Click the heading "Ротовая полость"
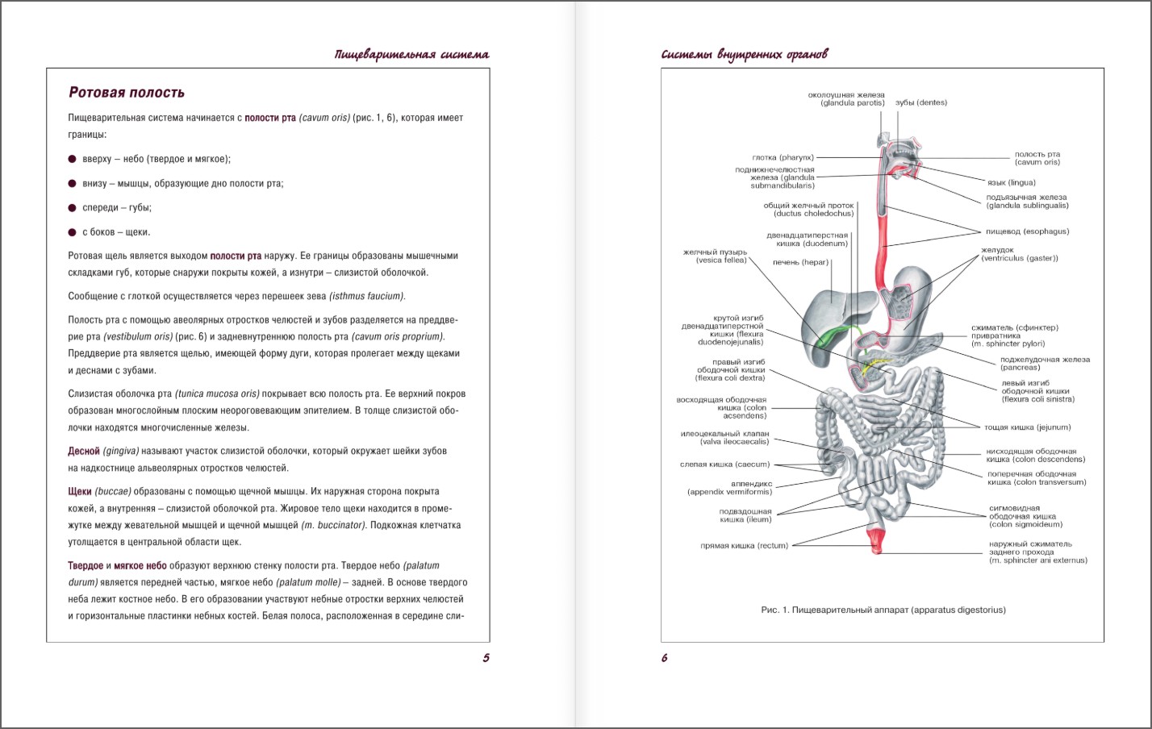(127, 93)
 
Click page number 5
(486, 658)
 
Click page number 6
(665, 658)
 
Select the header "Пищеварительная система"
(411, 55)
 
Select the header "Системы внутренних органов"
(744, 55)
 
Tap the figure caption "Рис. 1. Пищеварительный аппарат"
(883, 610)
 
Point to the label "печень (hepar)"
(800, 262)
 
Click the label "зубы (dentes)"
(921, 103)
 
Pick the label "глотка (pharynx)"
(783, 158)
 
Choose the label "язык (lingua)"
(1011, 183)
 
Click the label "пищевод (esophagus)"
(1027, 232)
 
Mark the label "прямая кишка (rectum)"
(744, 546)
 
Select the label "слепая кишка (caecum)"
(724, 464)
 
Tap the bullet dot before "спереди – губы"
(73, 208)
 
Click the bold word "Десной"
(84, 452)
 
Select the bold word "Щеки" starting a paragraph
(80, 492)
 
